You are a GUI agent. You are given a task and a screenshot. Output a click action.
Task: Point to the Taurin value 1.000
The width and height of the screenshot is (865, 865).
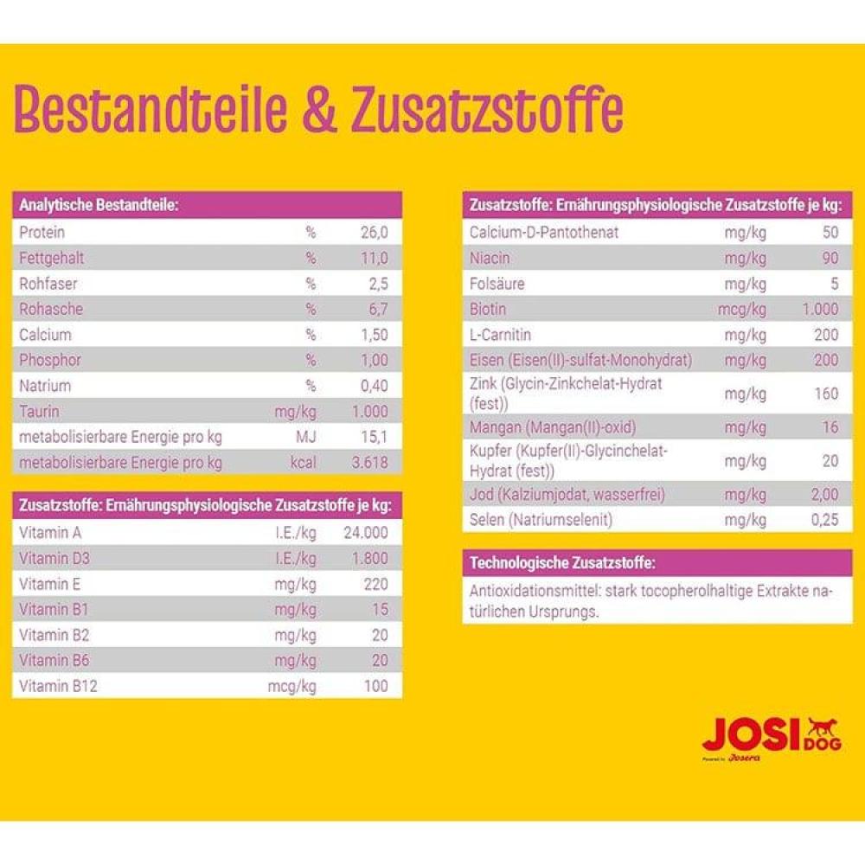370,412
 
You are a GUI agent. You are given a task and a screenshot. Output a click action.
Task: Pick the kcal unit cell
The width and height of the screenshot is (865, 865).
303,463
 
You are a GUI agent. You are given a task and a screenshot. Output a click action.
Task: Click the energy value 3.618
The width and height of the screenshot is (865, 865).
371,463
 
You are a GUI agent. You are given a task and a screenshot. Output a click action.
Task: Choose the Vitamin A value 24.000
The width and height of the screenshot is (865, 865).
366,532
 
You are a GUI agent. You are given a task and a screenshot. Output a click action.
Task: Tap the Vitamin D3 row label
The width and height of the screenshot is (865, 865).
52,558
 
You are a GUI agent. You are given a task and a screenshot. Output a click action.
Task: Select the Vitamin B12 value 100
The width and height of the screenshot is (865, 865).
376,687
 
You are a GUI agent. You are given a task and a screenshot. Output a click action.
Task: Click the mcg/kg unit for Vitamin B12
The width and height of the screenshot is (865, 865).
292,687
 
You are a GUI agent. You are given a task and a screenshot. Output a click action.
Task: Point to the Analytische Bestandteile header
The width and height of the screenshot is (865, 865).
99,206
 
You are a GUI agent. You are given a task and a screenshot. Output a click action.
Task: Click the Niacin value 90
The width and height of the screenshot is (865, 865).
830,258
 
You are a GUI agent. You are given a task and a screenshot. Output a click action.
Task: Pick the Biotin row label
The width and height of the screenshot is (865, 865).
488,309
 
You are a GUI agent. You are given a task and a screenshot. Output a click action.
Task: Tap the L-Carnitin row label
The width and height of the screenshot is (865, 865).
500,335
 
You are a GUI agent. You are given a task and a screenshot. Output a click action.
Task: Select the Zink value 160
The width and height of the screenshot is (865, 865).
826,394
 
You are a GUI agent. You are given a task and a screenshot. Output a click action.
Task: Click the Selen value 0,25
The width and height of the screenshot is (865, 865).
825,520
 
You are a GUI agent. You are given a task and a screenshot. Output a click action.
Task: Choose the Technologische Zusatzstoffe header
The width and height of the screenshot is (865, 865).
562,563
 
